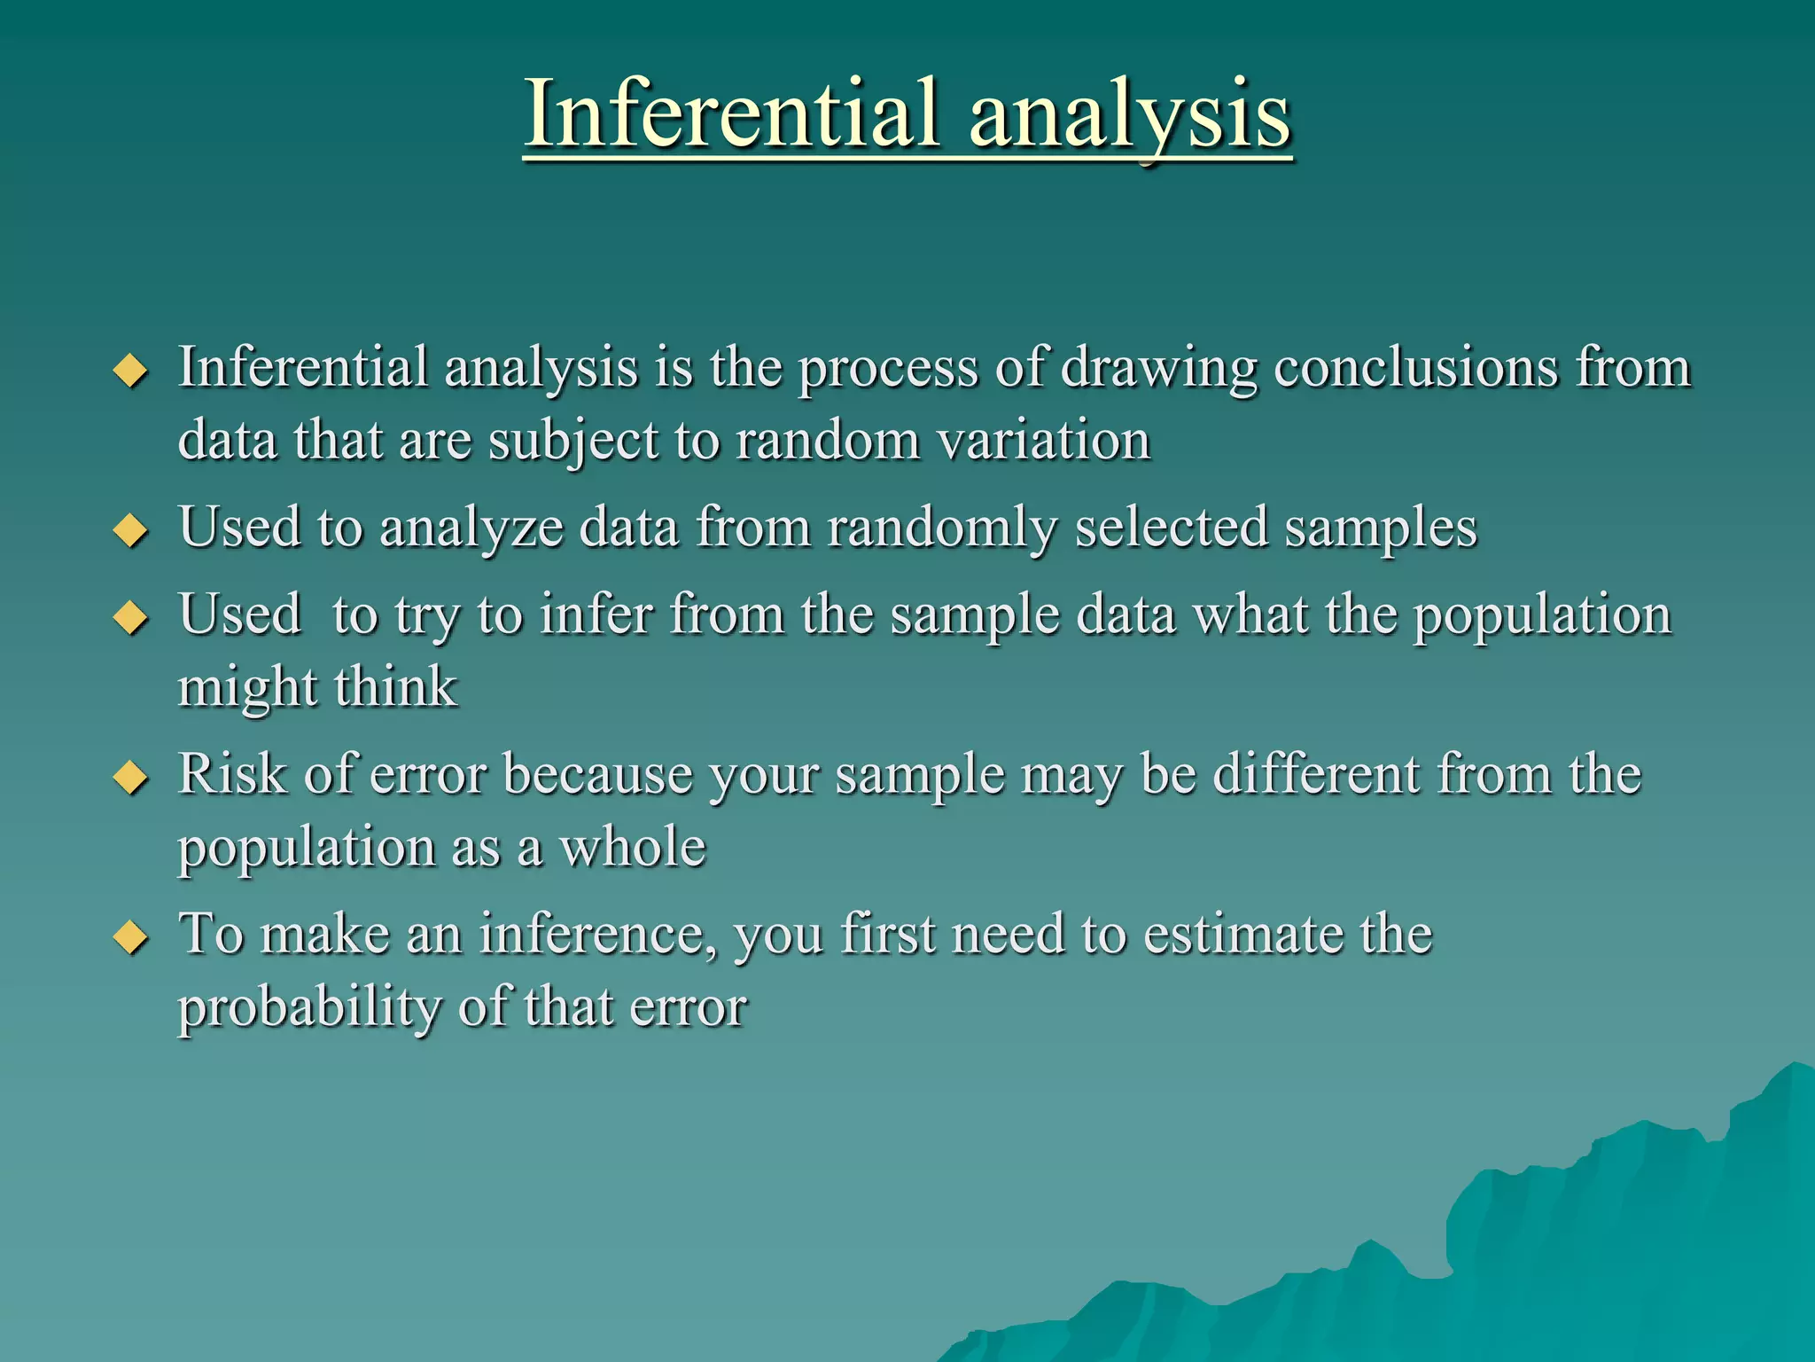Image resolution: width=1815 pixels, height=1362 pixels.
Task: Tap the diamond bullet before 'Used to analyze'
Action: pyautogui.click(x=131, y=531)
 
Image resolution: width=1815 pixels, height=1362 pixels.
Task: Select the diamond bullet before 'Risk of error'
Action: pyautogui.click(x=131, y=778)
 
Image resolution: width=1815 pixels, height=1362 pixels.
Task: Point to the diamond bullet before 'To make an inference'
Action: pyautogui.click(x=131, y=937)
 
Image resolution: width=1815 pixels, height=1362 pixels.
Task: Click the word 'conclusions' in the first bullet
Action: pyautogui.click(x=1415, y=367)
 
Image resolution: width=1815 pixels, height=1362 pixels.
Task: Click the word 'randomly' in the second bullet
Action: pyautogui.click(x=942, y=528)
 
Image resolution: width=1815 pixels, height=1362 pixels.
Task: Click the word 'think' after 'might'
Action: pyautogui.click(x=396, y=686)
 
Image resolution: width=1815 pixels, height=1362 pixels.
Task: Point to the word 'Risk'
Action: pyautogui.click(x=233, y=773)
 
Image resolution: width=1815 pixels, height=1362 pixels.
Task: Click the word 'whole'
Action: pyautogui.click(x=633, y=847)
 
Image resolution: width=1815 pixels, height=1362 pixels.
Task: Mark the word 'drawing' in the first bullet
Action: pyautogui.click(x=1158, y=369)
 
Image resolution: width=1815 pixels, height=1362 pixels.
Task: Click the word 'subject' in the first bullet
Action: pyautogui.click(x=573, y=442)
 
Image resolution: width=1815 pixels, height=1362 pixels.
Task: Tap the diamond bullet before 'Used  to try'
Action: pyautogui.click(x=131, y=618)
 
